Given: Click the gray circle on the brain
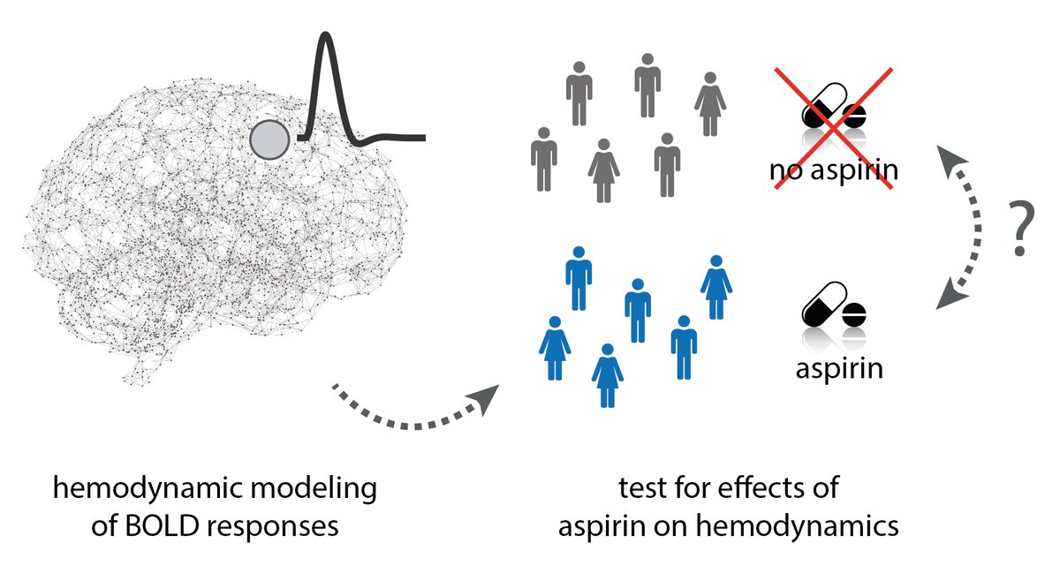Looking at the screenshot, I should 269,139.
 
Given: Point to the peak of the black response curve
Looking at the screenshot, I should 327,37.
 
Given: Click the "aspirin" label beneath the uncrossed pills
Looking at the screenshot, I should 838,366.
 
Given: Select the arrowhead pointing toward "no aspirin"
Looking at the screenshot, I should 952,162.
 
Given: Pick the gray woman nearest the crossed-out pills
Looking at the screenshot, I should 709,103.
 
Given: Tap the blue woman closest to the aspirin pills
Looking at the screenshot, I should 716,286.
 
